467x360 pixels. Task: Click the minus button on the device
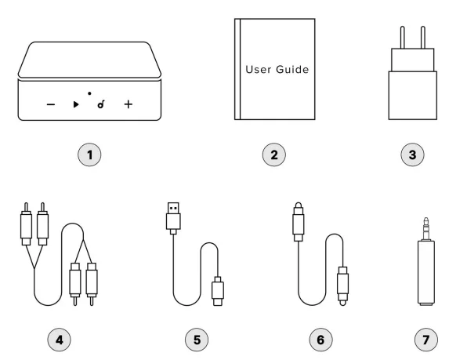tap(51, 104)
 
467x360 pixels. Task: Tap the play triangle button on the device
tap(76, 104)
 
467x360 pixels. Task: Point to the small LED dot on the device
tap(89, 93)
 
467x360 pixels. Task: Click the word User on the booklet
tap(259, 70)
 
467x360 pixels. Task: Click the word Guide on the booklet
tap(292, 70)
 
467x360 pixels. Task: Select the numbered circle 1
tap(89, 155)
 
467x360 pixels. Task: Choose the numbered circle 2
tap(274, 155)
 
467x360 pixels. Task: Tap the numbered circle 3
tap(412, 155)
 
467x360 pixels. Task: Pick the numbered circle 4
tap(60, 340)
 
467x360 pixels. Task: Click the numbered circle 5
tap(197, 340)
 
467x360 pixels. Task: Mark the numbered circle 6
tap(320, 340)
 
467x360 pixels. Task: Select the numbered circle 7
tap(426, 340)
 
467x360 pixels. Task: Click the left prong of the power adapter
tap(403, 37)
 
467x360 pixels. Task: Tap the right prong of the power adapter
tap(423, 37)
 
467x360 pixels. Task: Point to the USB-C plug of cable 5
tap(218, 291)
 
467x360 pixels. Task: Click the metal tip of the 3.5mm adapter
tap(426, 229)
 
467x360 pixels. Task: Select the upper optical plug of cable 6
tap(299, 222)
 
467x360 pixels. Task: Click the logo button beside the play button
tap(101, 104)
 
